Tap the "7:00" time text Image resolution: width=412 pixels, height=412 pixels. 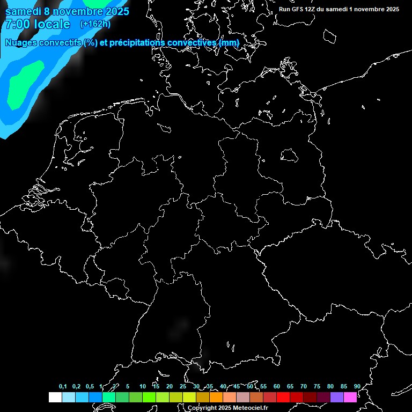click(18, 24)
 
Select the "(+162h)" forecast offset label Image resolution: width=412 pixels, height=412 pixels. click(95, 24)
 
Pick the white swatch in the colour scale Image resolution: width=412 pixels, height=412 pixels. click(55, 397)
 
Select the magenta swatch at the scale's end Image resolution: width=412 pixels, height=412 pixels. click(350, 397)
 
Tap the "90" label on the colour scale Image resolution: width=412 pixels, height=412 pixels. click(357, 386)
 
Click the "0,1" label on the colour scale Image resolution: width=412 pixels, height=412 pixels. click(63, 386)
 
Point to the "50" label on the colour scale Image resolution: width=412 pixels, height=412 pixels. click(250, 386)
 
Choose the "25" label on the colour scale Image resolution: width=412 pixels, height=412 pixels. click(183, 386)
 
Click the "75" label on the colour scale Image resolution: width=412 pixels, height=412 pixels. click(317, 386)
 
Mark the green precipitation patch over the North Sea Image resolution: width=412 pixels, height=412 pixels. click(24, 83)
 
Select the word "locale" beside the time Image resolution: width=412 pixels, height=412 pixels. click(52, 24)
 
